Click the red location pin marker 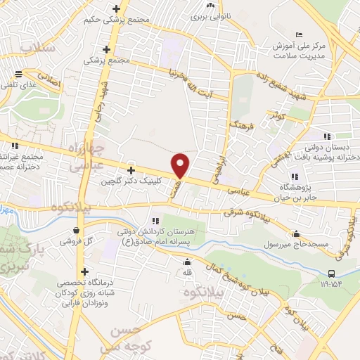point(181,165)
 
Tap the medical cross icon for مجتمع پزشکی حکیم point(117,9)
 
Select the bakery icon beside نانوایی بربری point(210,5)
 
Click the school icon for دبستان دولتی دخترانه point(326,136)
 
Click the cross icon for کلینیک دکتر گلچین point(131,170)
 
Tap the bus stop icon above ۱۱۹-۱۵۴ point(331,274)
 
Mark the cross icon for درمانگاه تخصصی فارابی point(84,271)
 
